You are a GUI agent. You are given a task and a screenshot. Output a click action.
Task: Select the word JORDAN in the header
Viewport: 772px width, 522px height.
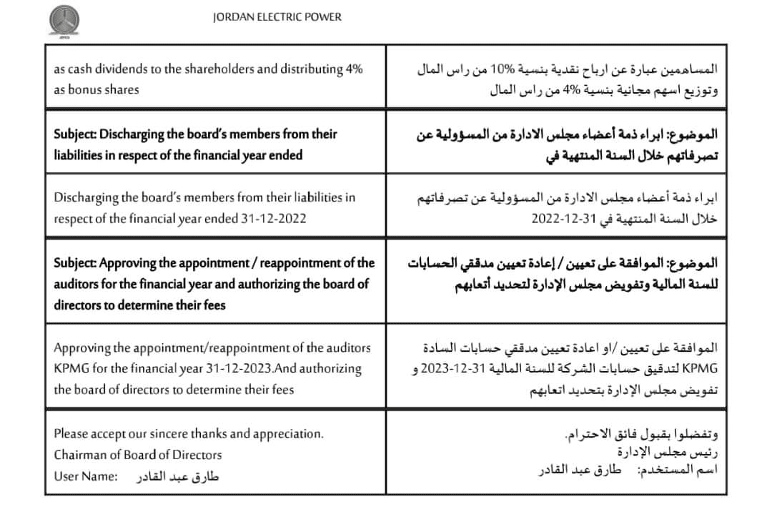232,17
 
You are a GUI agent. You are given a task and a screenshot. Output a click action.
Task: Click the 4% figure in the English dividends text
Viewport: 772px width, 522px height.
355,69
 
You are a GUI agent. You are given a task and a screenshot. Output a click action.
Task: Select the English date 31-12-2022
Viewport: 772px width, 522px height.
272,218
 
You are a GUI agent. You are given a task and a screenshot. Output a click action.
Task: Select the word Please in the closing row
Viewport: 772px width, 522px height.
72,433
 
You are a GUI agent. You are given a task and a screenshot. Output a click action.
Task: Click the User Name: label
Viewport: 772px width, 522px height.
85,476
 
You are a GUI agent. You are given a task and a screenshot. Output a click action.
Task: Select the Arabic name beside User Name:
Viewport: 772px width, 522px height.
177,477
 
